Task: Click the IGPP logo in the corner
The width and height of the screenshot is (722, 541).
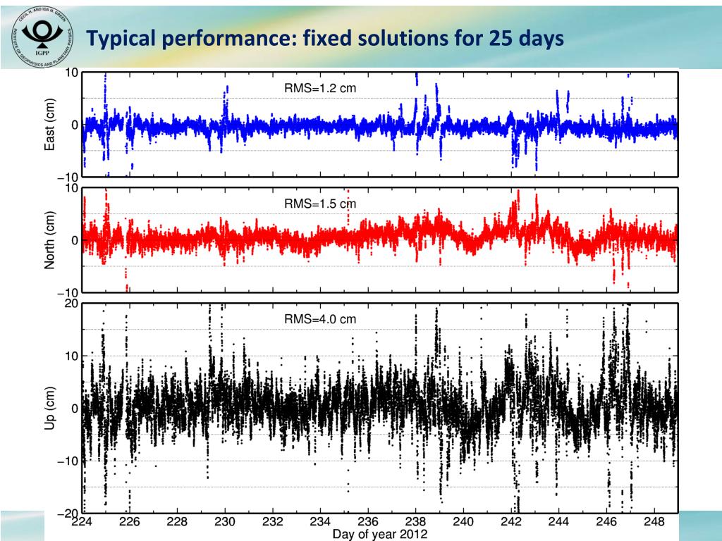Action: [42, 37]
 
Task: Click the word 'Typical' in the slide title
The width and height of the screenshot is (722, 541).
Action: [121, 39]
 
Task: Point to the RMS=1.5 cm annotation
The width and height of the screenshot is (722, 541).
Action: [320, 204]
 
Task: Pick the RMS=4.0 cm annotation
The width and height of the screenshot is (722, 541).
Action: [320, 319]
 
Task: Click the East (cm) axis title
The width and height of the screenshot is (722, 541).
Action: [50, 125]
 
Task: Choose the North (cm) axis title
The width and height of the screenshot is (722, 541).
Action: [50, 240]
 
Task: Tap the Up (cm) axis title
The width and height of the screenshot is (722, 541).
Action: [50, 409]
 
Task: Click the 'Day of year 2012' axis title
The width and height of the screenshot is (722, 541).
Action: [379, 535]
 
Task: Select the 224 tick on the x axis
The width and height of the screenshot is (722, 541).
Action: [82, 523]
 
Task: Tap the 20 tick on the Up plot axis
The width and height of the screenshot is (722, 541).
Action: [71, 304]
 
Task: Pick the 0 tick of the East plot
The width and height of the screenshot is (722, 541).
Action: [74, 125]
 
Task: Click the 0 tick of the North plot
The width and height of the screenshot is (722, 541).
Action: [74, 240]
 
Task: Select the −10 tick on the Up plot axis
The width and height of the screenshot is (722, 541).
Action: [68, 461]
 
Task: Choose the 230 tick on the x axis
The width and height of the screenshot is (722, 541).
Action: [225, 523]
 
